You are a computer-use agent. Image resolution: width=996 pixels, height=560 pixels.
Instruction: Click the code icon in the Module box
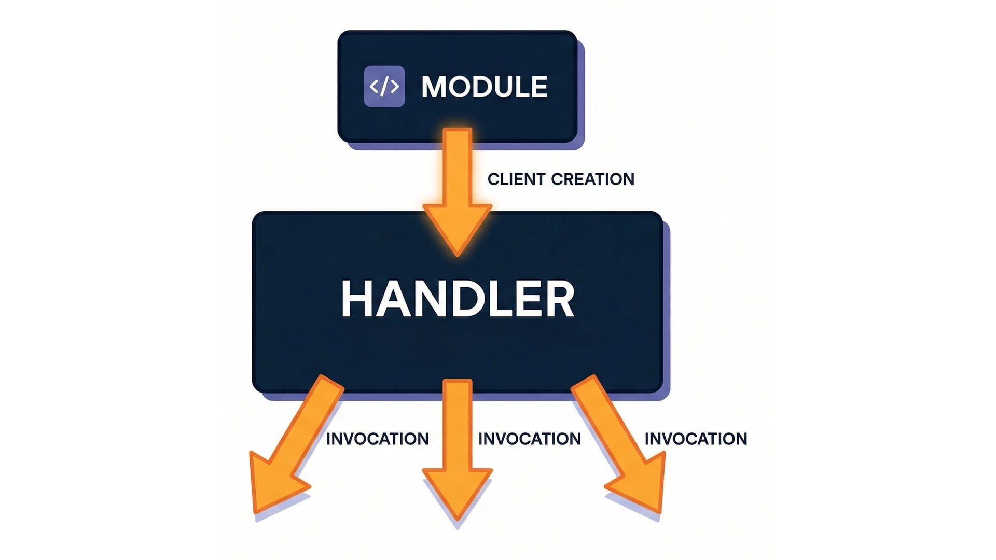point(384,86)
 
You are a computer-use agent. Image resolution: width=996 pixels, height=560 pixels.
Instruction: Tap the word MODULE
point(485,87)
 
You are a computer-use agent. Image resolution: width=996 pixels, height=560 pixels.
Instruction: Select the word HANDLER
point(458,299)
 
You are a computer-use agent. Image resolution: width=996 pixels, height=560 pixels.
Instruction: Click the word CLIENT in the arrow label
point(516,179)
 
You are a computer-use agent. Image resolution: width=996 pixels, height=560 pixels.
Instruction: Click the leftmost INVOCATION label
point(377,439)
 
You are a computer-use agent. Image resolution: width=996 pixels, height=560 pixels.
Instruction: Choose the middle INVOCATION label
point(529,439)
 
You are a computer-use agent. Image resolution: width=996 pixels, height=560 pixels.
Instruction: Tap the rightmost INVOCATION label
point(696,439)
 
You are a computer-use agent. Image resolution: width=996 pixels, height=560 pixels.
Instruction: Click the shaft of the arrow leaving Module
point(458,166)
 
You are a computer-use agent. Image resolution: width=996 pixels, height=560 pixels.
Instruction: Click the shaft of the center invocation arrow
point(458,425)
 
